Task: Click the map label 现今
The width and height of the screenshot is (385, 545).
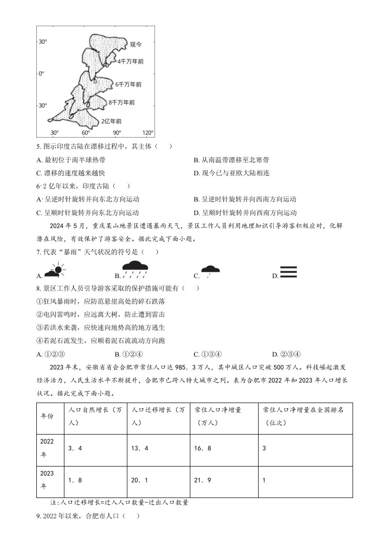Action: [136, 45]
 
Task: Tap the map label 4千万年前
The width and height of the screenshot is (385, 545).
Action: [130, 62]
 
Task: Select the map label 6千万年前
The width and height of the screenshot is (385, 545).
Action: [128, 84]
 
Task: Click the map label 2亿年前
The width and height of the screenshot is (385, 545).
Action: [111, 121]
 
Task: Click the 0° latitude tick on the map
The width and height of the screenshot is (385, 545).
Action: [41, 74]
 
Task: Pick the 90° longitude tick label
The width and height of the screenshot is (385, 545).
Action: [117, 133]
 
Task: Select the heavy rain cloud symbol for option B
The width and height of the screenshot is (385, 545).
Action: [135, 269]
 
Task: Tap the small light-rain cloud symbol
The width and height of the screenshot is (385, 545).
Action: [210, 271]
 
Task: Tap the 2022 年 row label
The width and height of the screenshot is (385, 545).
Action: [47, 448]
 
